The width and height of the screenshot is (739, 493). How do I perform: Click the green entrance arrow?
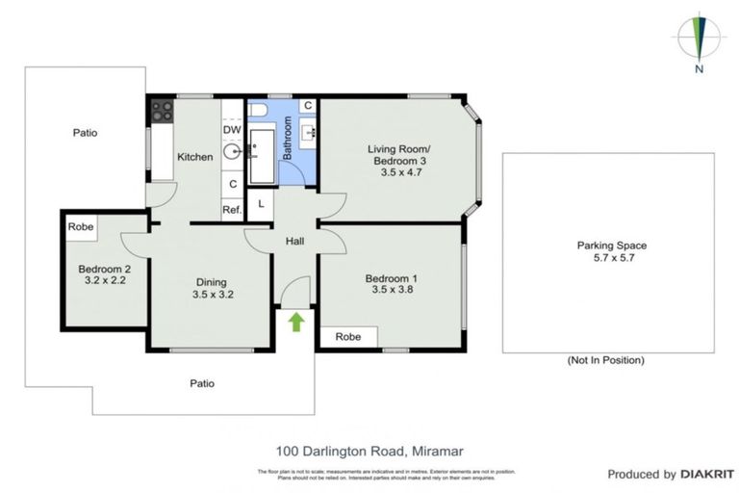(296, 322)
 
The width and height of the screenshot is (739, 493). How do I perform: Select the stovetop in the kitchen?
(161, 110)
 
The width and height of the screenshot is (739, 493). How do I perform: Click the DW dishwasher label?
(232, 130)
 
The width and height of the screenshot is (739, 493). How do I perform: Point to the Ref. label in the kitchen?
(232, 209)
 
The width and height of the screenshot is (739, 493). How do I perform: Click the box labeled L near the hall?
(260, 203)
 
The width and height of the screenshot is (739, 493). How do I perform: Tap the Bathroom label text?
(287, 137)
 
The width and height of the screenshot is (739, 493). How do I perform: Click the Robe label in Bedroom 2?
(80, 226)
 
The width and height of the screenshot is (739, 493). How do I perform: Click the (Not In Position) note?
(606, 361)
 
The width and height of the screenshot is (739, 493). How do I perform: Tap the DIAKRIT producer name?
(707, 474)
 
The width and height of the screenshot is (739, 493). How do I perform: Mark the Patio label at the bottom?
(202, 383)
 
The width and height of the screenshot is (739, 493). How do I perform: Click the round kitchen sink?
(232, 152)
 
